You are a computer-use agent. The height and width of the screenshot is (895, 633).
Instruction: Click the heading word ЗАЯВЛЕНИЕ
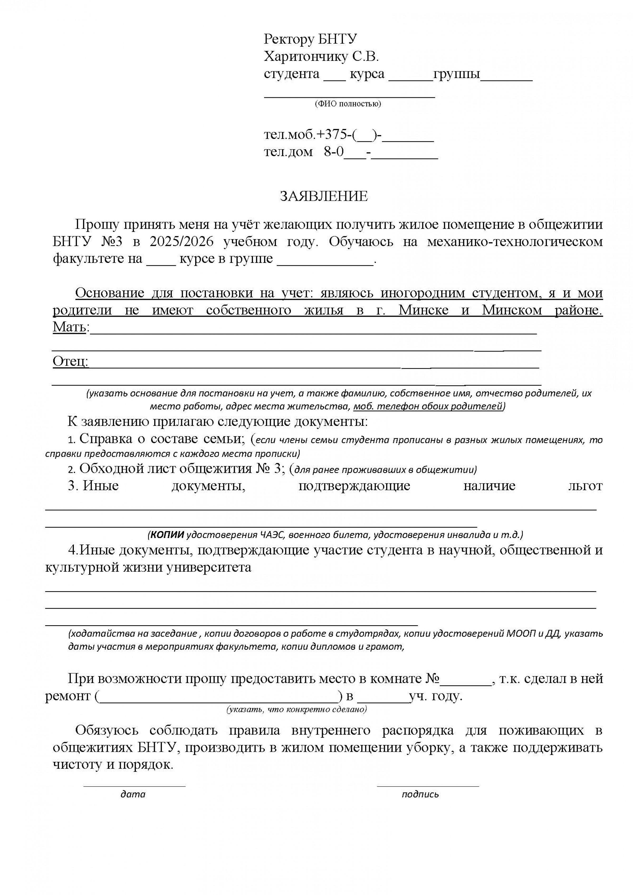pyautogui.click(x=324, y=196)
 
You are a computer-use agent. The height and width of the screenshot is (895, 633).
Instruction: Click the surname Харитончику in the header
pyautogui.click(x=306, y=57)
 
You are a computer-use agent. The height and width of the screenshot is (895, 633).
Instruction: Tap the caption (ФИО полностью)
pyautogui.click(x=348, y=104)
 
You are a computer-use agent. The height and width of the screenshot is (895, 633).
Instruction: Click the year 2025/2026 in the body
pyautogui.click(x=181, y=242)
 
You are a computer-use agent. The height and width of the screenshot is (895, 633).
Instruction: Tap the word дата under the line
pyautogui.click(x=133, y=794)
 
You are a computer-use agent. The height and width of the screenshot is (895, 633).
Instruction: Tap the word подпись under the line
pyautogui.click(x=420, y=794)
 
